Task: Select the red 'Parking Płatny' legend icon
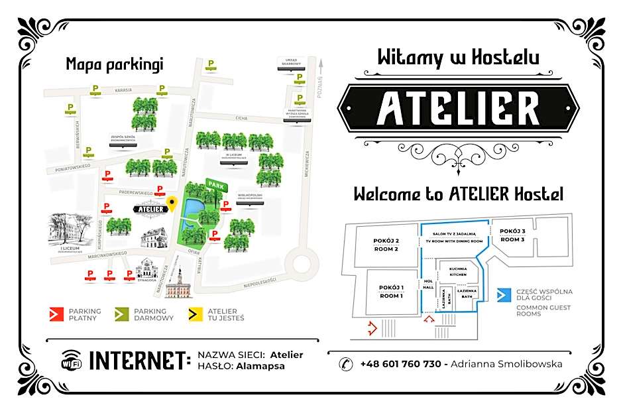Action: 57,313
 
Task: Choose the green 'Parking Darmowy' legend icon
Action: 122,313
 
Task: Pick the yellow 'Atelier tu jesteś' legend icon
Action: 195,313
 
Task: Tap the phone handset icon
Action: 346,363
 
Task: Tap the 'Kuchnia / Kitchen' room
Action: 459,271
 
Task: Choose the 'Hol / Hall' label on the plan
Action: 428,284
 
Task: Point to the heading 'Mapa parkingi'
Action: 114,64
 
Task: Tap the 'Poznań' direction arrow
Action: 320,66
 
